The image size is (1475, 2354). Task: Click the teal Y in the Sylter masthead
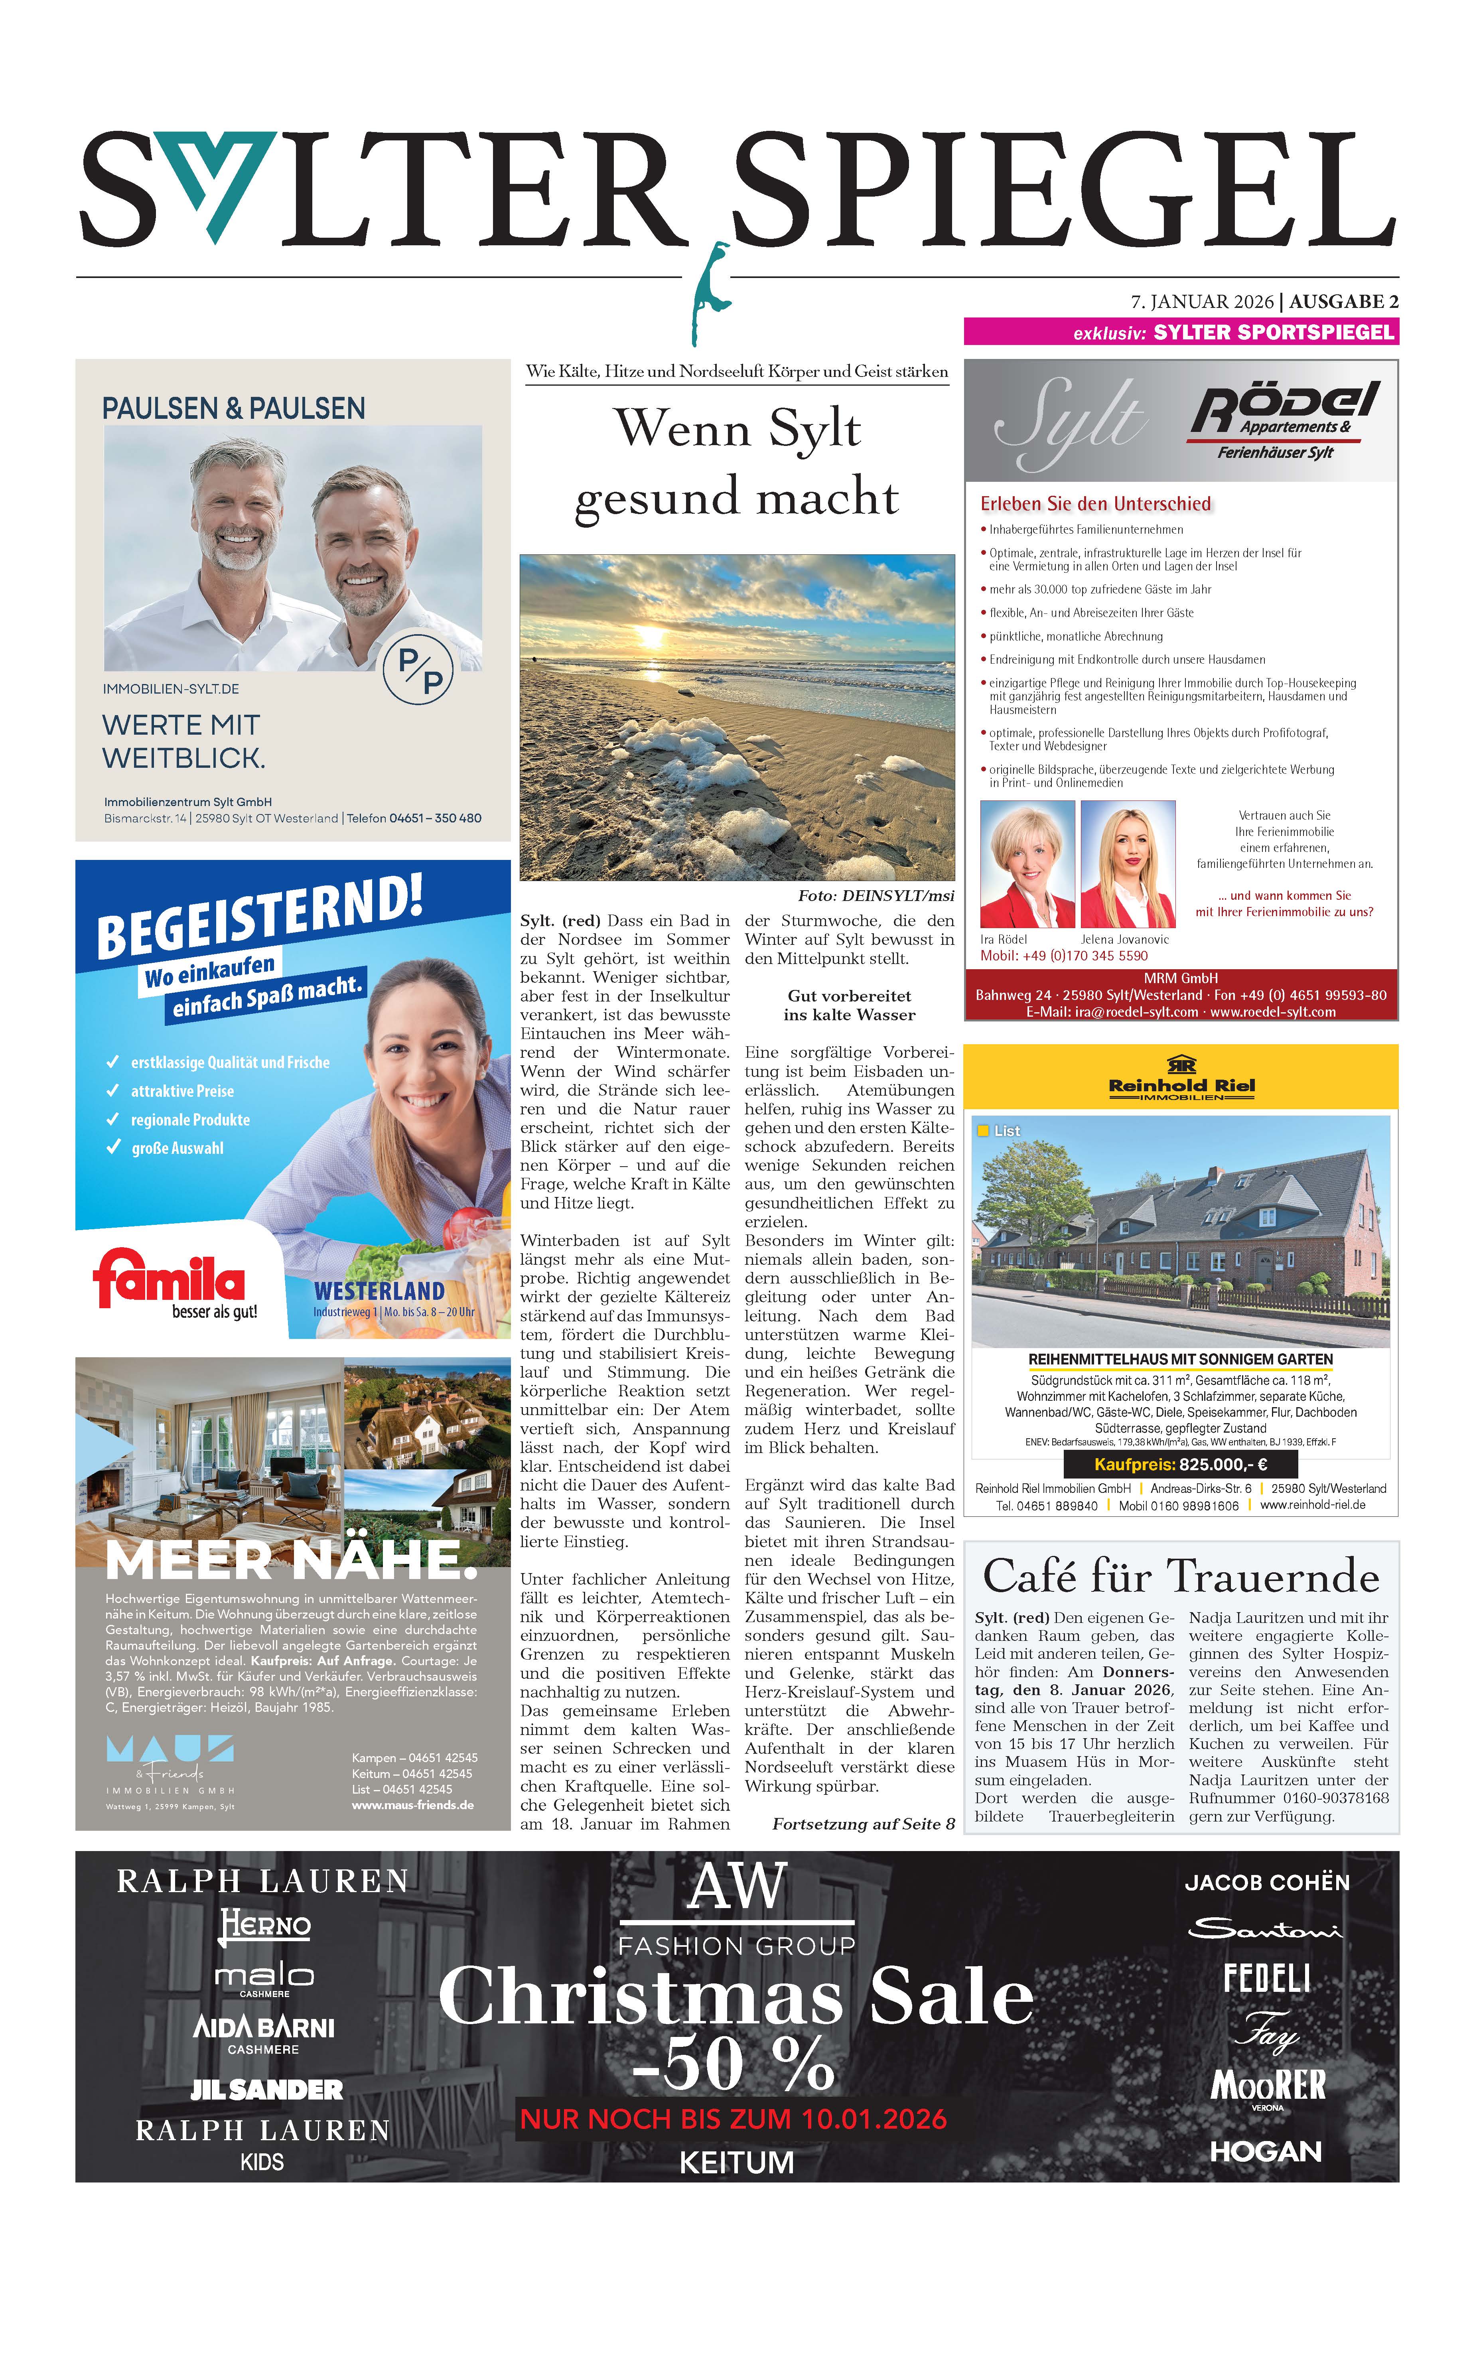[x=219, y=180]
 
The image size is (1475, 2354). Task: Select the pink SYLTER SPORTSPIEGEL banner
[x=1180, y=332]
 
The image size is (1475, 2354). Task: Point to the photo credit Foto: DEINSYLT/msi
[x=875, y=895]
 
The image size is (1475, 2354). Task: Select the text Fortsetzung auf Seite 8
[x=862, y=1823]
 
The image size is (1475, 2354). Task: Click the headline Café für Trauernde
[x=1180, y=1575]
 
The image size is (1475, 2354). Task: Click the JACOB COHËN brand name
[x=1266, y=1882]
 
